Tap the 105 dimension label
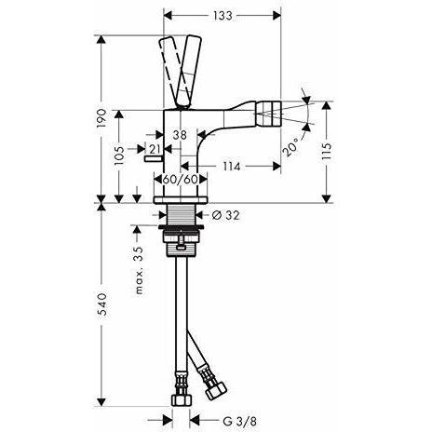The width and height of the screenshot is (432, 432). point(120,155)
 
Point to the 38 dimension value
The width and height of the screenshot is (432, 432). point(180,135)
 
